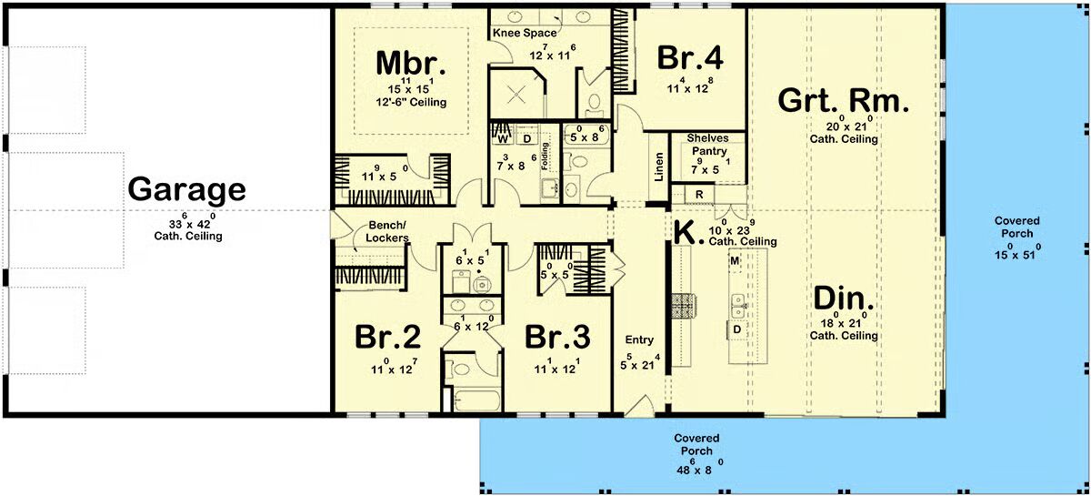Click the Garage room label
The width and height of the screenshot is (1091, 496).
pos(186,190)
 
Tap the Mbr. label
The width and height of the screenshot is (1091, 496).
pos(411,64)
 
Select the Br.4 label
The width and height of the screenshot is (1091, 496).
pos(690,57)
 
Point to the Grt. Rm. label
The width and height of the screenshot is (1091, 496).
pos(843,101)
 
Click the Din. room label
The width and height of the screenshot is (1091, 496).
pos(844,299)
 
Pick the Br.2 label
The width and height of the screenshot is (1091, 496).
pos(387,337)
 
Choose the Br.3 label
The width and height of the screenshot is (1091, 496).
pos(557,337)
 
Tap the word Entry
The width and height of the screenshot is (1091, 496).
pos(639,340)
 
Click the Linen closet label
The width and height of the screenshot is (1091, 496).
pos(658,167)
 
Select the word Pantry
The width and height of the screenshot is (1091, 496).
pos(709,151)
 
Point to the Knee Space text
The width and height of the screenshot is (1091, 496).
pos(525,33)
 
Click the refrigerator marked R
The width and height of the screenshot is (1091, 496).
pos(699,195)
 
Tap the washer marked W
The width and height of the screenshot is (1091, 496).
pos(503,139)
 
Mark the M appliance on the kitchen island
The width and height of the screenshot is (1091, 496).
pos(735,261)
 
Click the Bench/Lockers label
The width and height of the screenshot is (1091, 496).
pos(387,232)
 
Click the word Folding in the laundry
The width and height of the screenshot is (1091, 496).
pos(545,156)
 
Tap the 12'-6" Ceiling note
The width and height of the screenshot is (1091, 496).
pos(411,103)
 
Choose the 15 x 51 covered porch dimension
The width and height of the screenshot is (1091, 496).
pos(1017,251)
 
